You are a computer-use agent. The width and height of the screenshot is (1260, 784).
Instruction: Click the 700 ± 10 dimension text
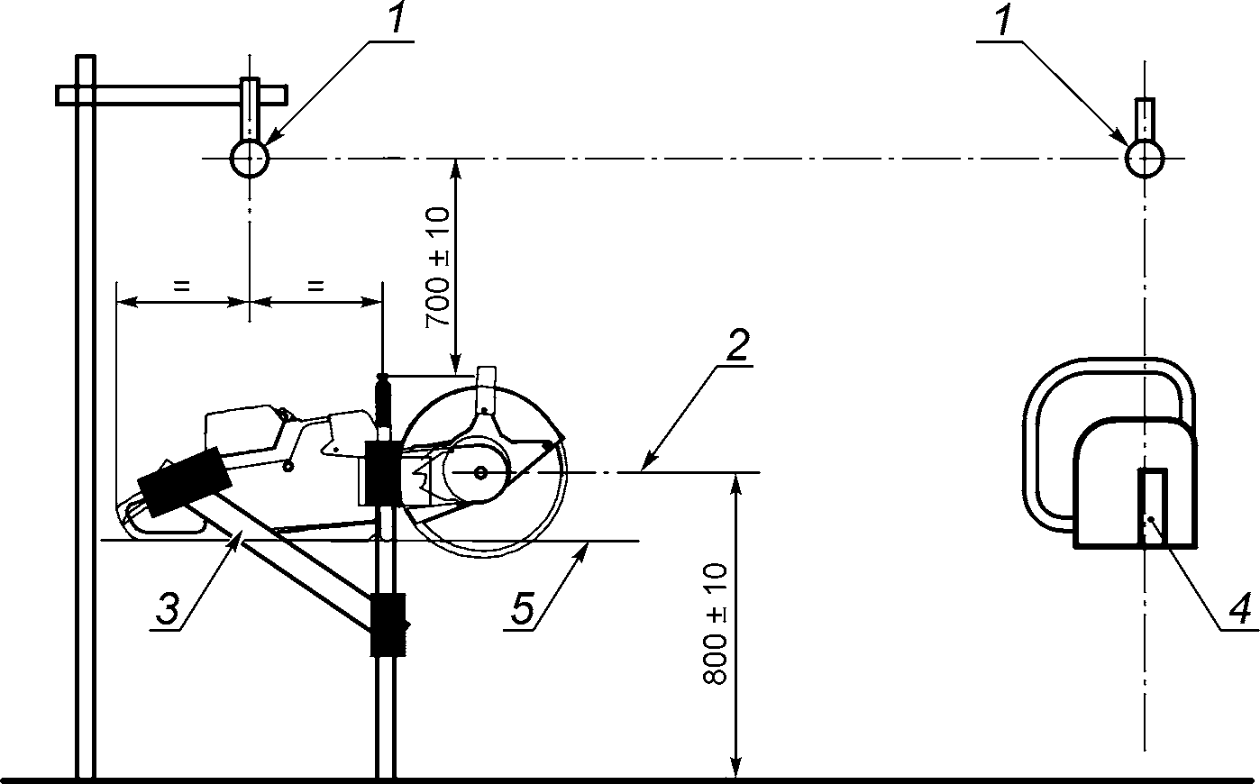click(x=438, y=268)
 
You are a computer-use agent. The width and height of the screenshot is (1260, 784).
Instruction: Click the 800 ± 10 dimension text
click(x=715, y=624)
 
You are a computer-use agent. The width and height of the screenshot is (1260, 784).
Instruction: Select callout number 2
click(x=737, y=345)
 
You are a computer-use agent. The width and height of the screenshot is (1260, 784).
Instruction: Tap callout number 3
click(x=167, y=608)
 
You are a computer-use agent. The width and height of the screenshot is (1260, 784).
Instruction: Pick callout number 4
click(x=1239, y=608)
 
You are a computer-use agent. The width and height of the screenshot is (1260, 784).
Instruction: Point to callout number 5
click(x=522, y=608)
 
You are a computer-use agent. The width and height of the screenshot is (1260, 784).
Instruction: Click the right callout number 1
click(x=1003, y=20)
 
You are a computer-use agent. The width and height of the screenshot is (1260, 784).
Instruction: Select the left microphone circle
click(x=250, y=158)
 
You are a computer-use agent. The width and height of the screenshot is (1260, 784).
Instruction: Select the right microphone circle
click(x=1145, y=159)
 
